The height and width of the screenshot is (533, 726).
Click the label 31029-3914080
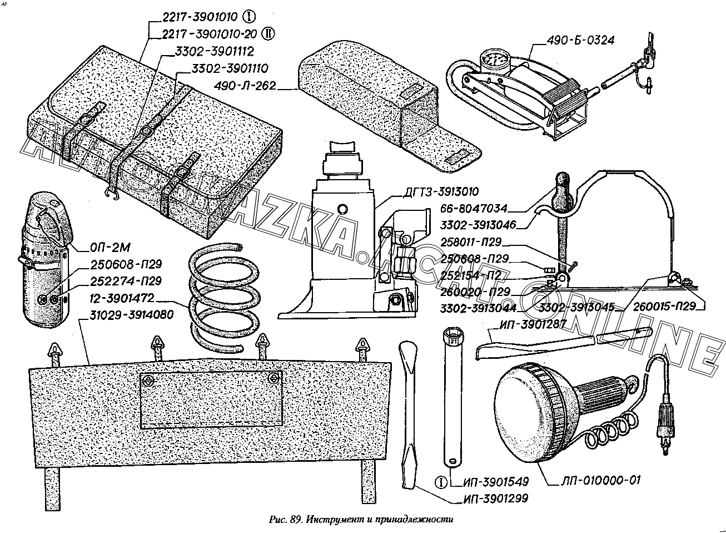(132, 315)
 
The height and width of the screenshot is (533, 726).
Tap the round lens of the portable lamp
(525, 406)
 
